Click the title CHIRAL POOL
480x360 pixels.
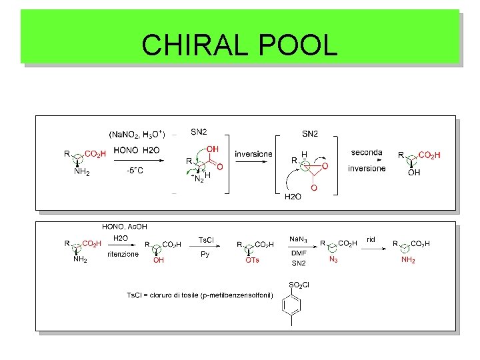coord(239,45)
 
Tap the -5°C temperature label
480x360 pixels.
coord(135,170)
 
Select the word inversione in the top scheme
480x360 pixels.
coord(253,154)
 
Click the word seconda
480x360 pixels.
coord(367,152)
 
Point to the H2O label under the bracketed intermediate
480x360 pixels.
coord(293,197)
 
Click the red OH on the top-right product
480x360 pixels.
coord(414,173)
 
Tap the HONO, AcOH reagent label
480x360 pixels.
coord(124,227)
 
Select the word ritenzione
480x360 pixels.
coord(123,254)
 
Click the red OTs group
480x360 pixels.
coord(252,260)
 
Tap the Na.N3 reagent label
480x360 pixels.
coord(298,239)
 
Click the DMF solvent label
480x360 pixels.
coord(298,253)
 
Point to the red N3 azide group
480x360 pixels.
coord(333,260)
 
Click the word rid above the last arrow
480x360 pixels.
coord(371,239)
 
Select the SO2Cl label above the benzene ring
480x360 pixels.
coord(299,285)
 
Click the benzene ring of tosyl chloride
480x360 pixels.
coord(292,308)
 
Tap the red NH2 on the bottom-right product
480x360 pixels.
coord(407,260)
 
